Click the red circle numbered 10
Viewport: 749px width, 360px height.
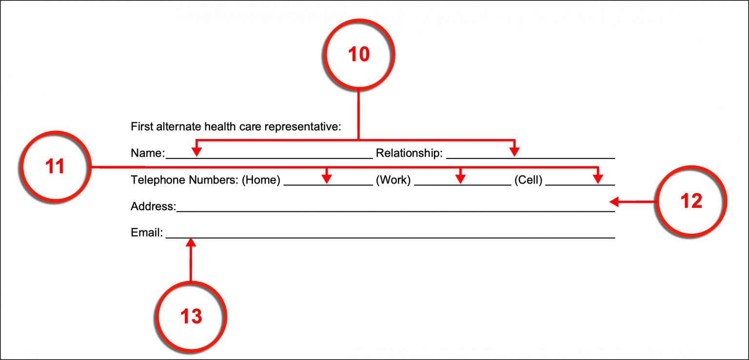tap(359, 54)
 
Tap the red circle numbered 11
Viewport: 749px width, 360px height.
tap(55, 167)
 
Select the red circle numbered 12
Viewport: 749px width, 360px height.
tap(690, 201)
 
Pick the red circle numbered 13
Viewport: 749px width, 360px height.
tap(191, 317)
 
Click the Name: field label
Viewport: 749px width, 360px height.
tap(148, 154)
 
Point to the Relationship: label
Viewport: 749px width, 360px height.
tap(409, 154)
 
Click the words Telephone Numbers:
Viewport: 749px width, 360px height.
tap(185, 180)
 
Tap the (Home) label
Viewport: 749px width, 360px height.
tap(261, 180)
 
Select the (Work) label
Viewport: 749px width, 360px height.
tap(393, 180)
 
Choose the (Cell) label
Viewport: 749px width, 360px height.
tap(528, 180)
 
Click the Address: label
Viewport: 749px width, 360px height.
tap(153, 206)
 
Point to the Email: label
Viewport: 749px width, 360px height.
tap(146, 233)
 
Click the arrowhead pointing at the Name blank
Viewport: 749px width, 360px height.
tap(197, 152)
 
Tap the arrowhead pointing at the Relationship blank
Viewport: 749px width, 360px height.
tap(514, 152)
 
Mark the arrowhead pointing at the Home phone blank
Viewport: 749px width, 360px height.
tap(327, 179)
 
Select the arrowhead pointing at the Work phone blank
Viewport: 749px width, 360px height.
tap(460, 179)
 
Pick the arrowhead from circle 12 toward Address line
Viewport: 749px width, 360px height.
tap(614, 201)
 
